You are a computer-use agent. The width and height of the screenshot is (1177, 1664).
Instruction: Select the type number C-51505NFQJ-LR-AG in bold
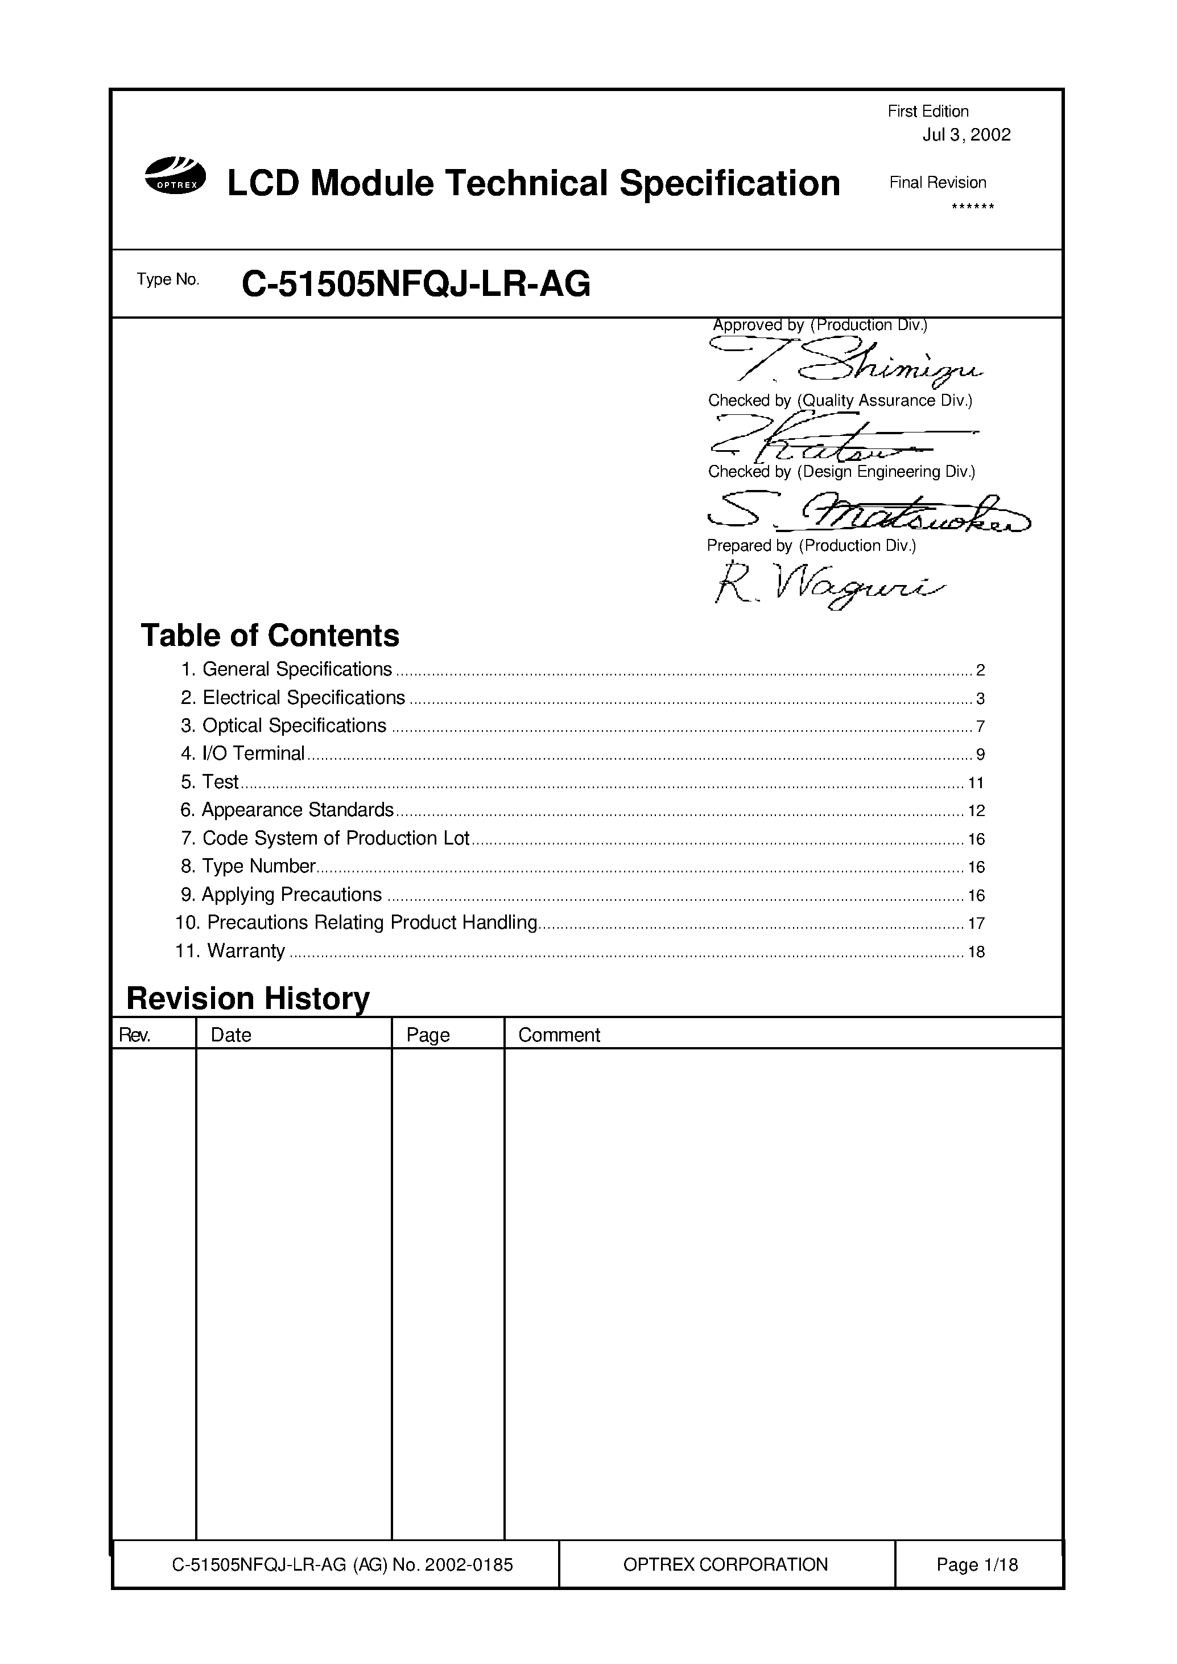pyautogui.click(x=415, y=284)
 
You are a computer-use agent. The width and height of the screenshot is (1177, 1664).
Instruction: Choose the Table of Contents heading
pyautogui.click(x=270, y=635)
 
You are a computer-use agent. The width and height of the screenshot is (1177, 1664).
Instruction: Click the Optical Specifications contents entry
pyautogui.click(x=294, y=726)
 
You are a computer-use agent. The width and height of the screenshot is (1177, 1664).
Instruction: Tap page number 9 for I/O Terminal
pyautogui.click(x=980, y=755)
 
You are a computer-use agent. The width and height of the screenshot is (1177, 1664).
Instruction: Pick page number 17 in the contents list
pyautogui.click(x=976, y=924)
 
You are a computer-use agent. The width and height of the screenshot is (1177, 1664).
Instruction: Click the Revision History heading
pyautogui.click(x=248, y=998)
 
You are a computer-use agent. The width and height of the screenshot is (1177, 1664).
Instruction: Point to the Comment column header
pyautogui.click(x=559, y=1035)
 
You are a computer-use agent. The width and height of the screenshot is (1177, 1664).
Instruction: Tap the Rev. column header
pyautogui.click(x=135, y=1035)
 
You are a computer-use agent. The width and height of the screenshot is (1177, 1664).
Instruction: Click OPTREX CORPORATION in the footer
pyautogui.click(x=725, y=1564)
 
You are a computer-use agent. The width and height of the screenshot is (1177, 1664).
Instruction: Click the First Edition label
pyautogui.click(x=928, y=112)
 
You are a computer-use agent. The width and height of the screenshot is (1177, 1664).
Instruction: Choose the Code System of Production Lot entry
pyautogui.click(x=336, y=838)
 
